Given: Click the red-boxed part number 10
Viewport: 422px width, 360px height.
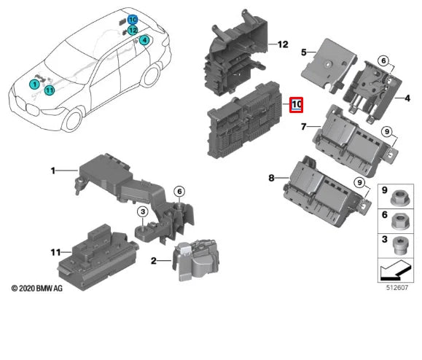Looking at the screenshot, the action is coord(296,105).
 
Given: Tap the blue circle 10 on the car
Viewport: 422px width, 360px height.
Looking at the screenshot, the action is coord(133,20).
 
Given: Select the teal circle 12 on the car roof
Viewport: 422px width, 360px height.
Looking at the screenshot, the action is coord(133,31).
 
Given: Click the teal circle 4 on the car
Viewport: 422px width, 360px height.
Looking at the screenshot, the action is coord(144,40).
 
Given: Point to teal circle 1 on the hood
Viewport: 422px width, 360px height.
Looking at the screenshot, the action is coord(34,85).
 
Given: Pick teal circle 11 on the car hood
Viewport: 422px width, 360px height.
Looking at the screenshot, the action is coord(50,90).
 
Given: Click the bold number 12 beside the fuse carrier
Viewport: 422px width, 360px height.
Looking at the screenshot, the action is coord(283,44).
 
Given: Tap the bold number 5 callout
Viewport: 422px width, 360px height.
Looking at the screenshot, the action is coord(304,52).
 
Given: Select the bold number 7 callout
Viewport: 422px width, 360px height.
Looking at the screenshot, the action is coord(304,127).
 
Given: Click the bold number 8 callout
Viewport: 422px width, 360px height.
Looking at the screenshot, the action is coord(271,178).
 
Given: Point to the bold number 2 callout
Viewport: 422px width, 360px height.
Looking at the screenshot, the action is coord(153,260).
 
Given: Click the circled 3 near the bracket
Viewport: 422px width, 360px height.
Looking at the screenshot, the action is coord(143,212).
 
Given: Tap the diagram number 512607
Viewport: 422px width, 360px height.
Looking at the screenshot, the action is coord(397,287).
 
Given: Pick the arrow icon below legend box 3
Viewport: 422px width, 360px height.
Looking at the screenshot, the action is coord(396,270).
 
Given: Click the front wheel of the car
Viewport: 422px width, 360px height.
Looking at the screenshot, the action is coord(73,120).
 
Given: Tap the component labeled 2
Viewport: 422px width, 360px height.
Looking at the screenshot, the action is coord(195,260).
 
